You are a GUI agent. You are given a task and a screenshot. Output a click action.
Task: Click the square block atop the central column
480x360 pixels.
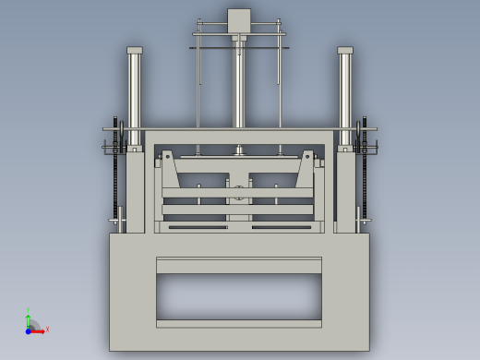239,20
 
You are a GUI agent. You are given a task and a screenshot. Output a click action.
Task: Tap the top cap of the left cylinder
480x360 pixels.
135,50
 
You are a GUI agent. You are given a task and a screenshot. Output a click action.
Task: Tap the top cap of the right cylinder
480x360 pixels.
345,50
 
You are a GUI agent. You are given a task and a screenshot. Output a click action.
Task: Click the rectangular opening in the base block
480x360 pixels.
239,296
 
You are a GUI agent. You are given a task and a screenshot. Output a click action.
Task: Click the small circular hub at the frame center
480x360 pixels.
239,192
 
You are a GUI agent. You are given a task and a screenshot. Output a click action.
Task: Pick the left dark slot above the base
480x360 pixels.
197,226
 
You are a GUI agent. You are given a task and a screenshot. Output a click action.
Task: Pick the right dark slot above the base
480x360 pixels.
282,226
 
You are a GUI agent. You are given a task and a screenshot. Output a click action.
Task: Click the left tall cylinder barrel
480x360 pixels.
135,92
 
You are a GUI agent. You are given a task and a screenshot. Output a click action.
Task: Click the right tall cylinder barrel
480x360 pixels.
345,92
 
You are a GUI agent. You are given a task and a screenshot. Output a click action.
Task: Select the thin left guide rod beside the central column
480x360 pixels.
198,83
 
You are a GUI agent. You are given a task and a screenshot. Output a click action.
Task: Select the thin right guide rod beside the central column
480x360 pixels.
279,83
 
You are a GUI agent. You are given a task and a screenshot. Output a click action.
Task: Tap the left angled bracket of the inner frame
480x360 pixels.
170,171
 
